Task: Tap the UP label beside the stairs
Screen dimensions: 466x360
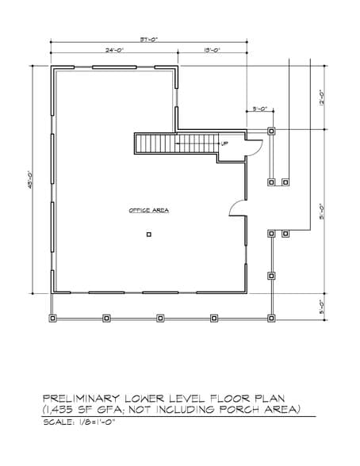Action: (x=224, y=143)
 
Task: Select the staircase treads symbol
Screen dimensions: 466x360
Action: (x=176, y=144)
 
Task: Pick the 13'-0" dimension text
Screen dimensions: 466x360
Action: (x=212, y=51)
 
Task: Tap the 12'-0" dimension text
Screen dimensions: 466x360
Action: (x=322, y=97)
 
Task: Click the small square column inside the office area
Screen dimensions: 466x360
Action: (x=148, y=235)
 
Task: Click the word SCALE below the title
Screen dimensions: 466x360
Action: (x=59, y=422)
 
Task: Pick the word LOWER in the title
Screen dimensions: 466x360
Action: (x=146, y=397)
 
